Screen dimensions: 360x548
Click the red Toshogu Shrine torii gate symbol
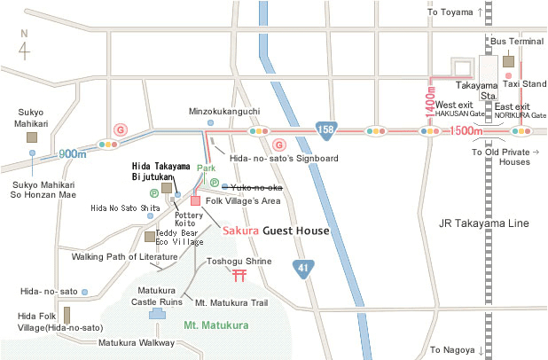pyautogui.click(x=239, y=276)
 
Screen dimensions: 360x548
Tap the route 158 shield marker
pyautogui.click(x=327, y=129)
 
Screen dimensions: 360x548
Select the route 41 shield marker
pyautogui.click(x=303, y=266)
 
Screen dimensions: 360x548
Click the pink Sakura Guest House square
pyautogui.click(x=195, y=200)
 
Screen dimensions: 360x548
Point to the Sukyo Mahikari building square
pyautogui.click(x=32, y=137)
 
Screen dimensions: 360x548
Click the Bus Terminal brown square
pyautogui.click(x=508, y=61)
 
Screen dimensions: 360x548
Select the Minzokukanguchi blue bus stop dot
pyautogui.click(x=210, y=122)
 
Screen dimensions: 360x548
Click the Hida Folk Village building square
pyautogui.click(x=67, y=315)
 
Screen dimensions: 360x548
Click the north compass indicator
pyautogui.click(x=24, y=45)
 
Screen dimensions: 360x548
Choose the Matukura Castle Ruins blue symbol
pyautogui.click(x=157, y=314)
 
